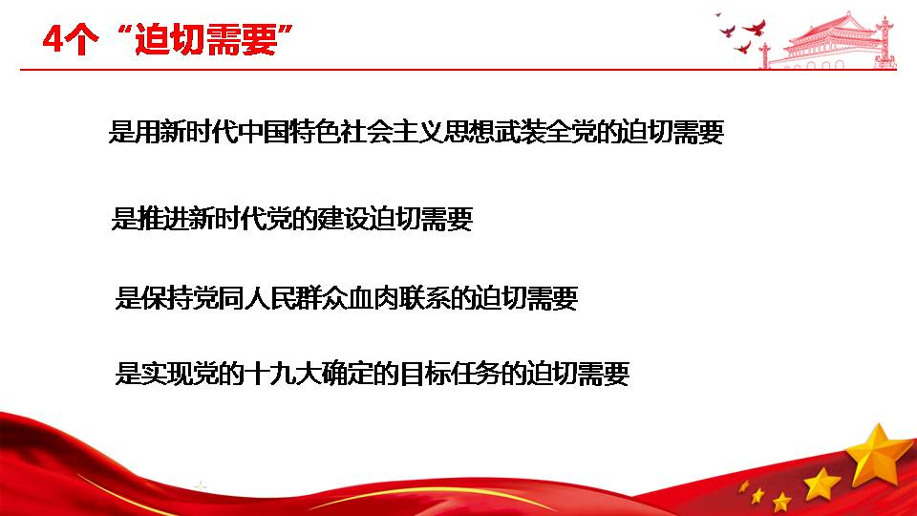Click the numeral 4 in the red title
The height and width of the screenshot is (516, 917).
click(53, 40)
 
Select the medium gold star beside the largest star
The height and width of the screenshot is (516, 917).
click(821, 484)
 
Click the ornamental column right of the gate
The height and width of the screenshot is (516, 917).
click(887, 42)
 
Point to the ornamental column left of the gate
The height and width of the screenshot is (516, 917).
click(764, 55)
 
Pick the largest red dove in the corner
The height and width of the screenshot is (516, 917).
click(755, 28)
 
